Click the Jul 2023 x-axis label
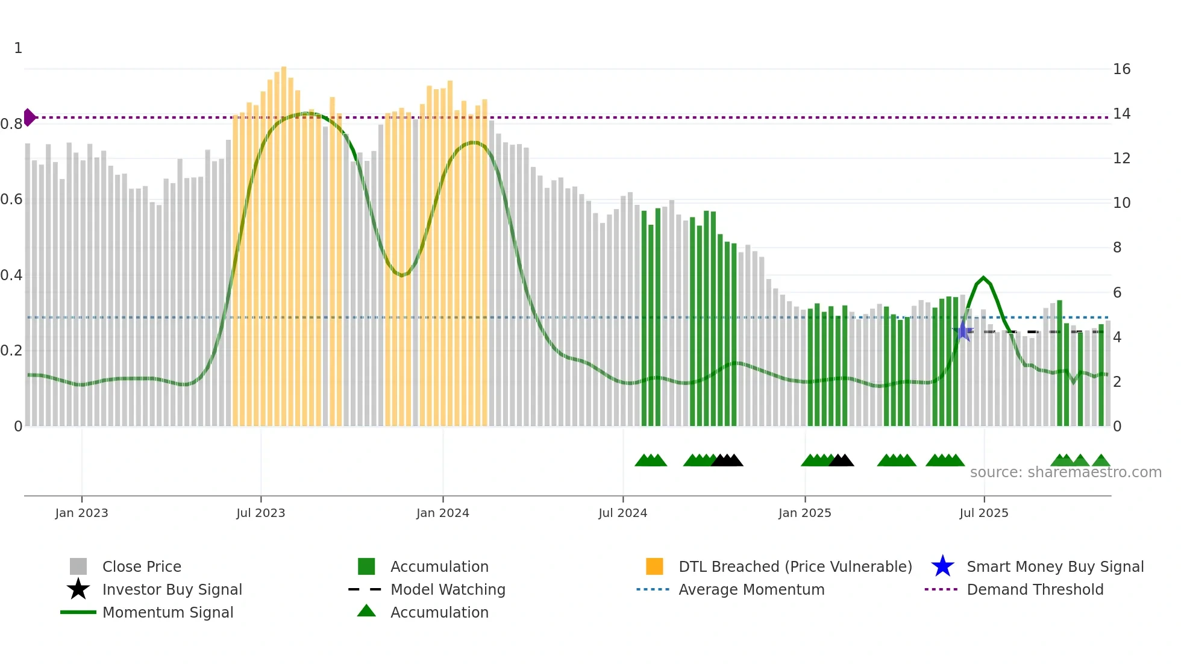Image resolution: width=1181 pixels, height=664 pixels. [260, 513]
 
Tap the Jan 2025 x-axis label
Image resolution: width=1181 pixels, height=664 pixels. [804, 513]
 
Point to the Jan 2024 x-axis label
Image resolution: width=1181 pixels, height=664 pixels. [442, 513]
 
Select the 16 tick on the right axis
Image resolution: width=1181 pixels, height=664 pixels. [1121, 69]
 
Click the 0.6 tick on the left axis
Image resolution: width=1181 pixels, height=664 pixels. [11, 199]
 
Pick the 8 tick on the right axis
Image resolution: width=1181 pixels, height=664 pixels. [1117, 248]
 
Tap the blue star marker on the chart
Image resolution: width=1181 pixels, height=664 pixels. [963, 331]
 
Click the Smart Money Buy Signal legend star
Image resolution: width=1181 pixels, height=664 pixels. [942, 566]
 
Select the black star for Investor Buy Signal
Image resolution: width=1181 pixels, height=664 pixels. [78, 589]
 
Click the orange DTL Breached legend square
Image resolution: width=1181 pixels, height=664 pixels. [654, 566]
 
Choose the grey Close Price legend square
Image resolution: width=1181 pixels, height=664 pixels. [78, 566]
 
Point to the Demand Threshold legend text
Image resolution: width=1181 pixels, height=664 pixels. [1035, 589]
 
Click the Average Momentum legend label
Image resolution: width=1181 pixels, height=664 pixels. [751, 589]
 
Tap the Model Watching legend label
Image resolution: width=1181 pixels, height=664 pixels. [448, 589]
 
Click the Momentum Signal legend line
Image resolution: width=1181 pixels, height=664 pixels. [78, 612]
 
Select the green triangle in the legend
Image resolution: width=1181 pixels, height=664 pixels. [366, 612]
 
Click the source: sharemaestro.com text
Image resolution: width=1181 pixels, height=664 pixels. [1065, 472]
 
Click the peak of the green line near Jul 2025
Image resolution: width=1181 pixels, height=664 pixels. [983, 278]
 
